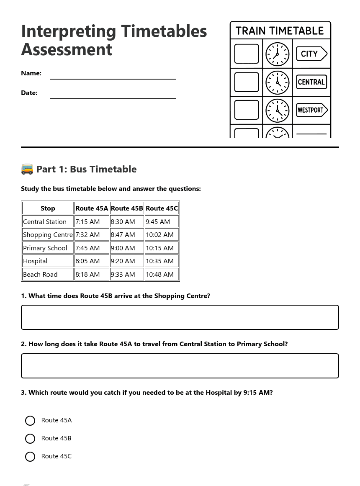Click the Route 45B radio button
[x=30, y=438]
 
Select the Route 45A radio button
[x=30, y=420]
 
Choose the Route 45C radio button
[x=30, y=456]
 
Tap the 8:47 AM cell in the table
[x=126, y=235]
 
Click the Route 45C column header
[x=162, y=208]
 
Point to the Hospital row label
[x=48, y=261]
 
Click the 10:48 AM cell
[x=162, y=275]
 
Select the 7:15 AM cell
[x=91, y=222]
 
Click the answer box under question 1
[x=180, y=317]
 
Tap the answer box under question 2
[x=180, y=366]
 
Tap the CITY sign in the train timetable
[x=311, y=54]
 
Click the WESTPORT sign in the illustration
[x=311, y=110]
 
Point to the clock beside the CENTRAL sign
[x=277, y=82]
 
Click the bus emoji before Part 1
[x=27, y=169]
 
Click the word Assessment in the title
[x=67, y=49]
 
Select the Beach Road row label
[x=48, y=275]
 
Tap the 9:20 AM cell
[x=126, y=261]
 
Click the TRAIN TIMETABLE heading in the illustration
[x=280, y=31]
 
